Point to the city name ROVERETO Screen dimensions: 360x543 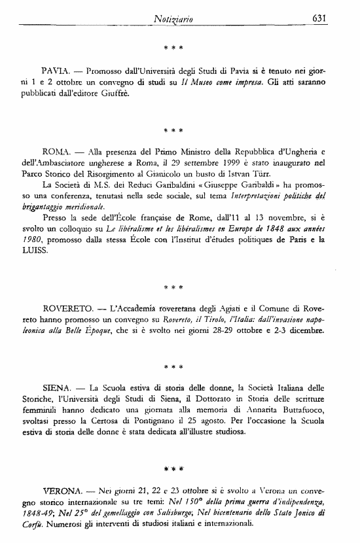coord(65,308)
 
